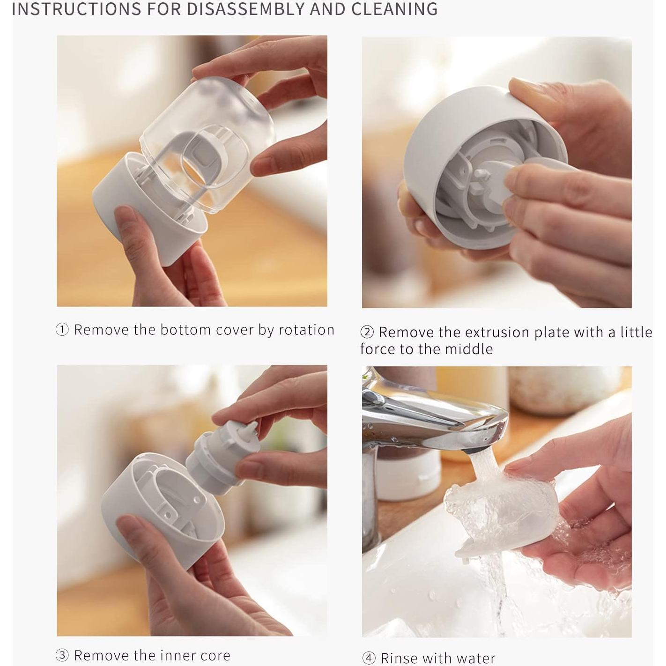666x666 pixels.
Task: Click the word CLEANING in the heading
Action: (394, 9)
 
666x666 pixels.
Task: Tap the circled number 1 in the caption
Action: (62, 330)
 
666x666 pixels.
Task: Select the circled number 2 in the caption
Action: (367, 332)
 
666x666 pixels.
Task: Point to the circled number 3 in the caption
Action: (62, 655)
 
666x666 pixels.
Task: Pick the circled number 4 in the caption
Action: (369, 658)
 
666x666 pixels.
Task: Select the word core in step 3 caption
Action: (214, 655)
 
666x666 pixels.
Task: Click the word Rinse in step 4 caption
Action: (399, 658)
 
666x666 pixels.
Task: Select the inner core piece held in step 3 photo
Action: (215, 459)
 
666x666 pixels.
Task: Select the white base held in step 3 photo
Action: (155, 515)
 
